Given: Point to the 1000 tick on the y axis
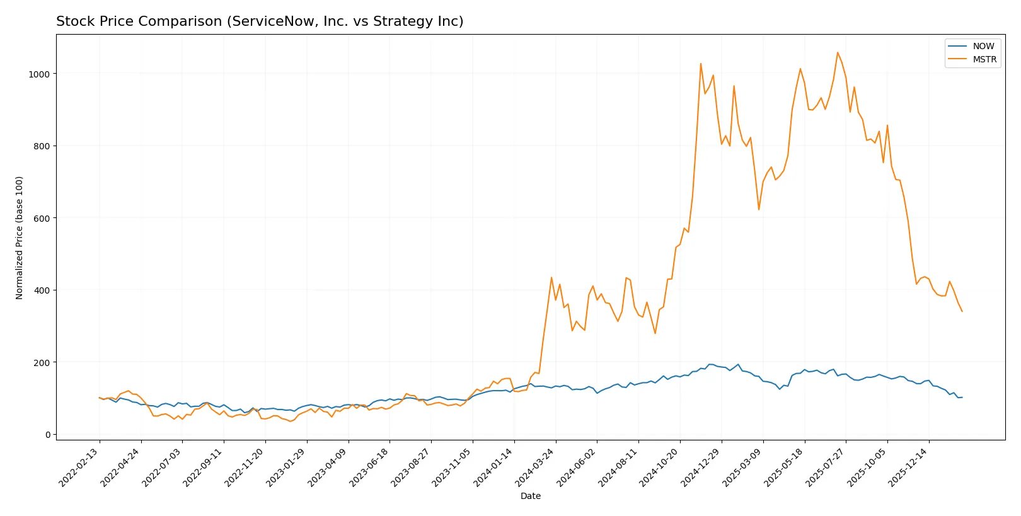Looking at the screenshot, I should coord(38,74).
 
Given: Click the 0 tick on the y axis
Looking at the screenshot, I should coord(48,435).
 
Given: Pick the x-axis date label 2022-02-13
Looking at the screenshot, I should coord(79,467).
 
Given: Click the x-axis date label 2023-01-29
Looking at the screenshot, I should coord(287,467).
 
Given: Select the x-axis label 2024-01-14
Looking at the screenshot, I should coord(494,467).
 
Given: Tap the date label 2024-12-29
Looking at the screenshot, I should coord(701,467).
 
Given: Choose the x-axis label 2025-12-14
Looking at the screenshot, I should coord(909,467).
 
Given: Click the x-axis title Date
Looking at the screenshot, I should coord(530,496).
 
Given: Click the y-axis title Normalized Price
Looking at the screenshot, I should coord(20,238).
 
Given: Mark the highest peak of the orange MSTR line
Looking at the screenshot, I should coord(838,52).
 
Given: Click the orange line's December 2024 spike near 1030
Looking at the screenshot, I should coord(701,63).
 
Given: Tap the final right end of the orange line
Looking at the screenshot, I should coord(962,311).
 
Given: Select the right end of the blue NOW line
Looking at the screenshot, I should coord(962,397).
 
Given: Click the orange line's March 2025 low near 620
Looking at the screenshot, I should coord(759,210).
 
